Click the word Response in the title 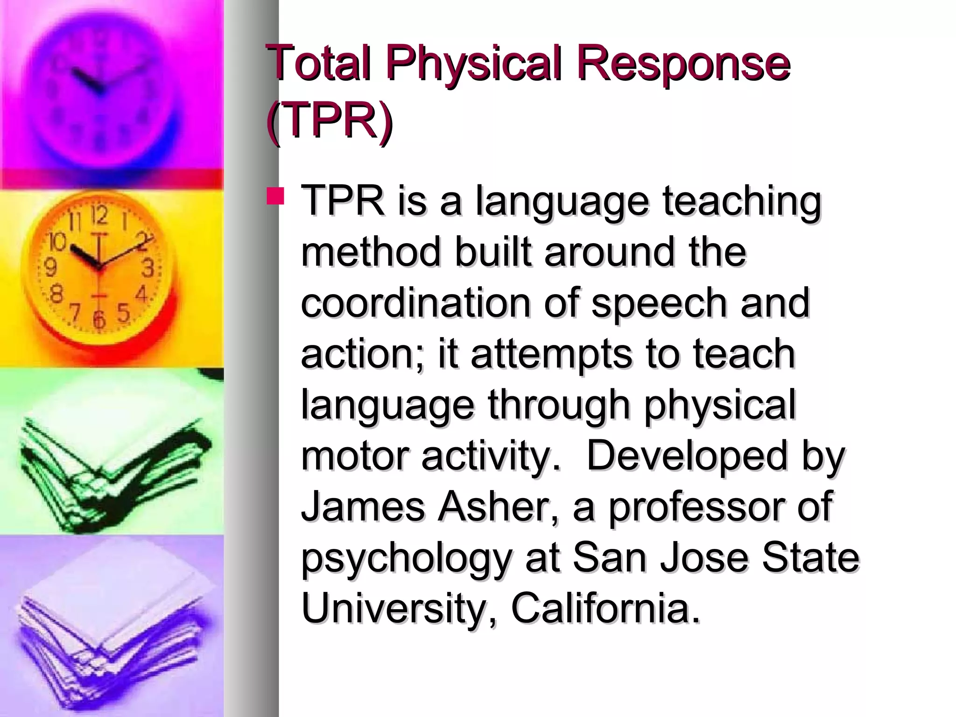(x=683, y=64)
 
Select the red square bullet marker (x=275, y=196)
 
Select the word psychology (x=406, y=559)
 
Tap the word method (x=371, y=252)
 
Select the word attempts (x=551, y=354)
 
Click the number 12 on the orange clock (x=99, y=216)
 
